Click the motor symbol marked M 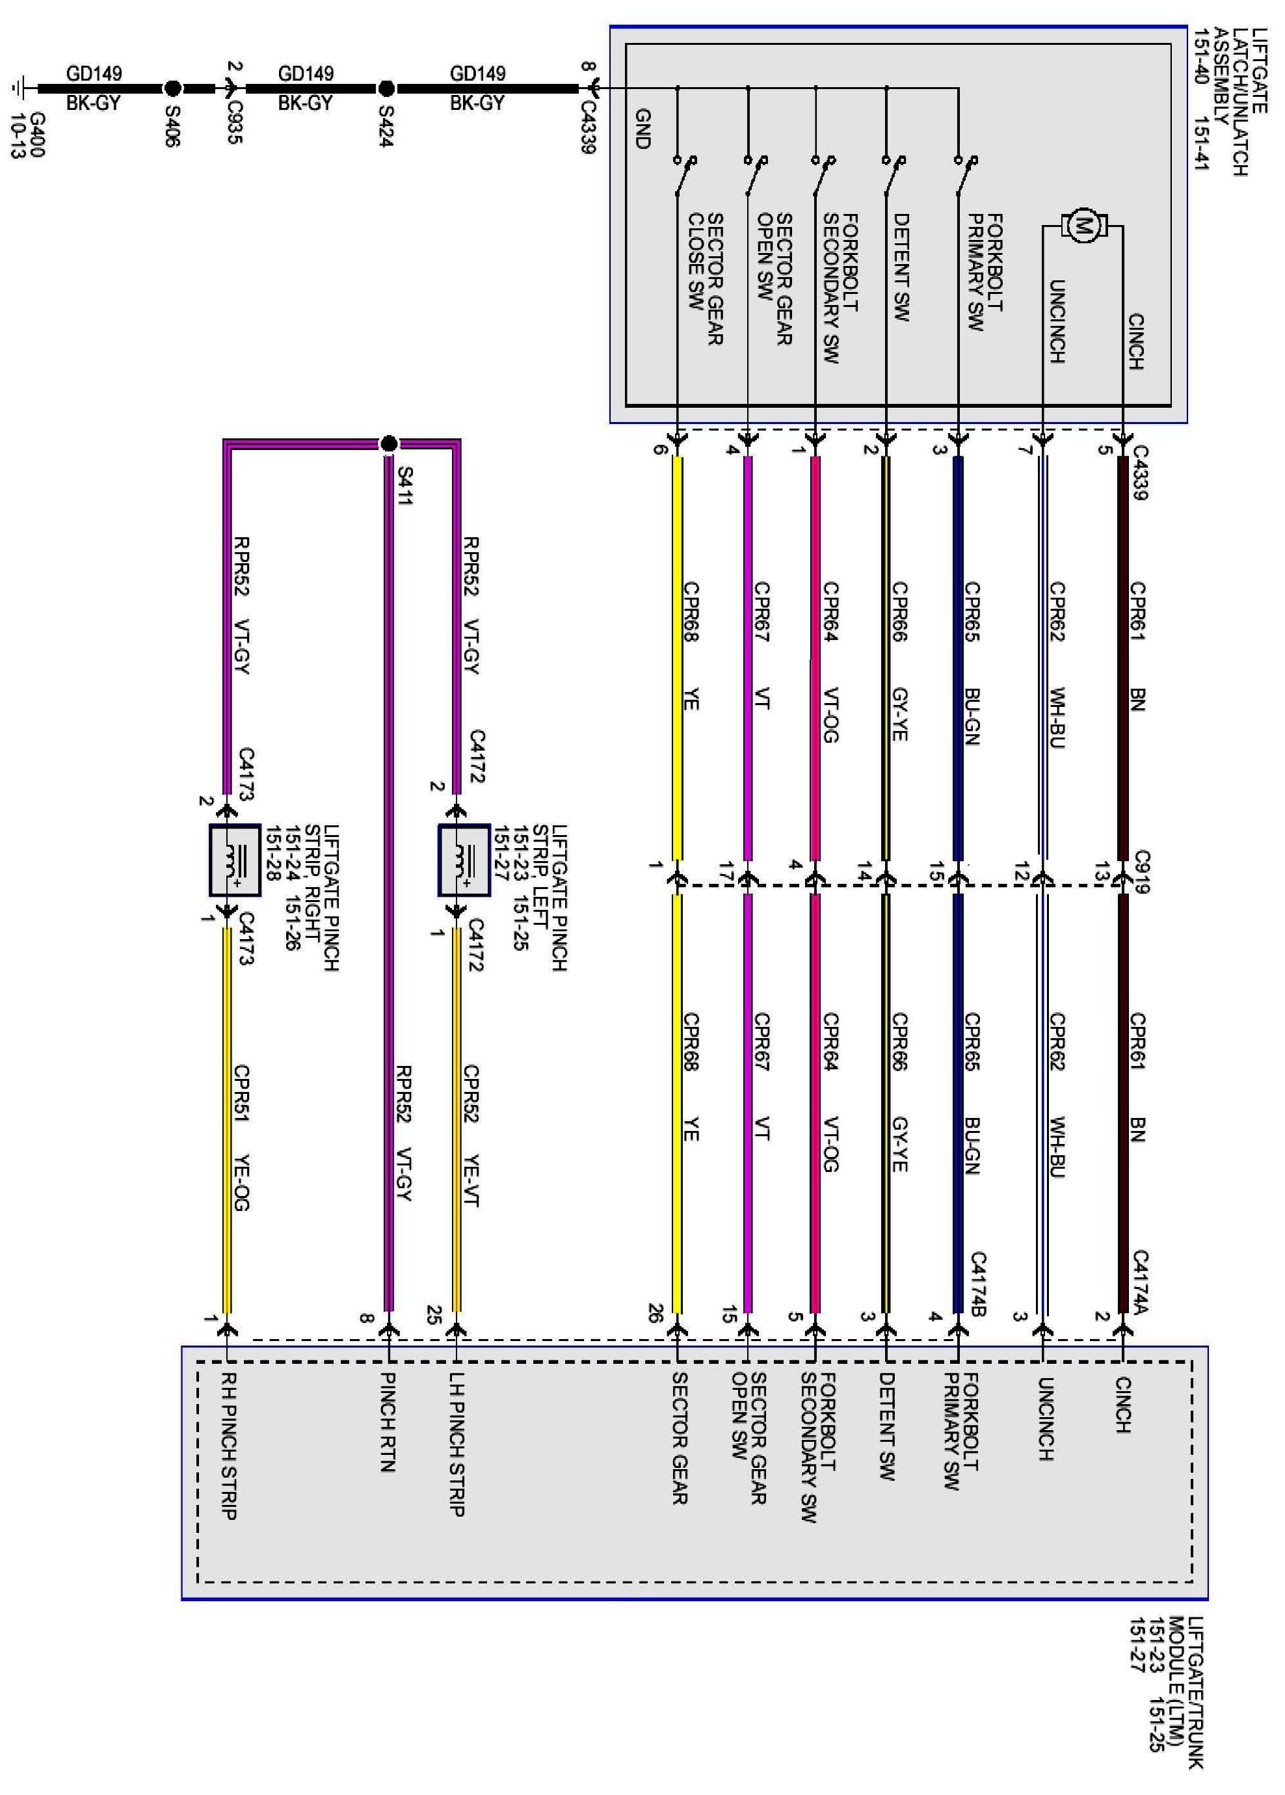(1081, 226)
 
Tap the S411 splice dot (388, 444)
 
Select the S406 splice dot (172, 88)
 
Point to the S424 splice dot (387, 88)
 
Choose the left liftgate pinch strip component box (464, 860)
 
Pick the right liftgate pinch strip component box (235, 860)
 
